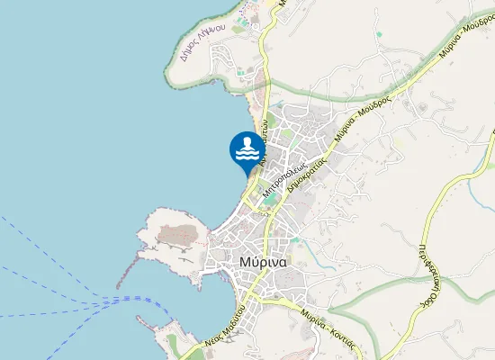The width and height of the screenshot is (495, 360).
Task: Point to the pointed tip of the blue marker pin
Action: click(x=246, y=175)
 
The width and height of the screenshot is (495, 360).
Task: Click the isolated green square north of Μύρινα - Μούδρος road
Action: click(x=380, y=34)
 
